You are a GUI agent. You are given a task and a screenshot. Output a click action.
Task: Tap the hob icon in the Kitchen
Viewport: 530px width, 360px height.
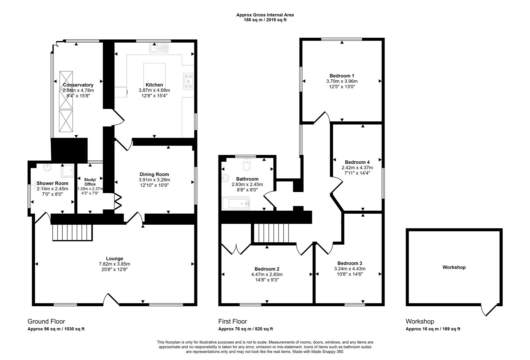[188, 81]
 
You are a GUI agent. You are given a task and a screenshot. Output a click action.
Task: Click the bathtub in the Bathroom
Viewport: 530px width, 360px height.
[235, 203]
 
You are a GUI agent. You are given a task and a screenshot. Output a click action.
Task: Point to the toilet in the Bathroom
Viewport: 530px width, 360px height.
[247, 164]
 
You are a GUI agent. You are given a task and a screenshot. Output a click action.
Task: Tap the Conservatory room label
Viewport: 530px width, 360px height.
[78, 85]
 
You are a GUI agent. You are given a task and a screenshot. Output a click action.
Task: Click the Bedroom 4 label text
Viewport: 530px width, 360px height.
[357, 162]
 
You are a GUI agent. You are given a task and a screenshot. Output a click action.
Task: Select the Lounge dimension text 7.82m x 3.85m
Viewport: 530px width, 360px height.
[114, 264]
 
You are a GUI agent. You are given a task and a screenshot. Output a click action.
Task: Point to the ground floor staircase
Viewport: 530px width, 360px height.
[72, 232]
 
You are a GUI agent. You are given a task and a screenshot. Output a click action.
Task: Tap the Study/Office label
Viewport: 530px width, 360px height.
[90, 182]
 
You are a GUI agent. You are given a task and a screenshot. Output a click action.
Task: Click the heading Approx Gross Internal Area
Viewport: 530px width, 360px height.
[265, 15]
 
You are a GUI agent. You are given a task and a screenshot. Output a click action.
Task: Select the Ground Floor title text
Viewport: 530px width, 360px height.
[46, 321]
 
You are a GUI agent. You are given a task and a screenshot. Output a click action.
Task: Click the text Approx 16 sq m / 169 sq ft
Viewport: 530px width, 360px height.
[433, 329]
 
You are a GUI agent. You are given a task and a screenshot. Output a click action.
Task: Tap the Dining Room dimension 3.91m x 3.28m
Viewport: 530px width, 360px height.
[154, 180]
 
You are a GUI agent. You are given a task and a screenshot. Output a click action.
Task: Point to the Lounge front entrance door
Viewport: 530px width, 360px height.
[111, 299]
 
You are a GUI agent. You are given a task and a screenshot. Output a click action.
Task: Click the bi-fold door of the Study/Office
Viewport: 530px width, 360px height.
[118, 201]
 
